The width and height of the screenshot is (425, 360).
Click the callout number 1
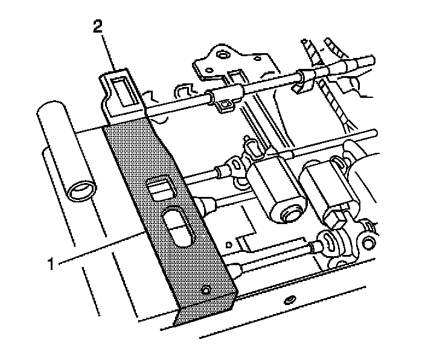(x=51, y=264)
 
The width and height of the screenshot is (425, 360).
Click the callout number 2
(x=98, y=27)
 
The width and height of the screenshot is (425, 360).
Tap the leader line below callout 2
(x=109, y=53)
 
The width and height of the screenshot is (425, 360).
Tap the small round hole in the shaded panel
(x=206, y=290)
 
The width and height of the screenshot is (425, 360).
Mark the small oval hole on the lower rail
(x=289, y=300)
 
